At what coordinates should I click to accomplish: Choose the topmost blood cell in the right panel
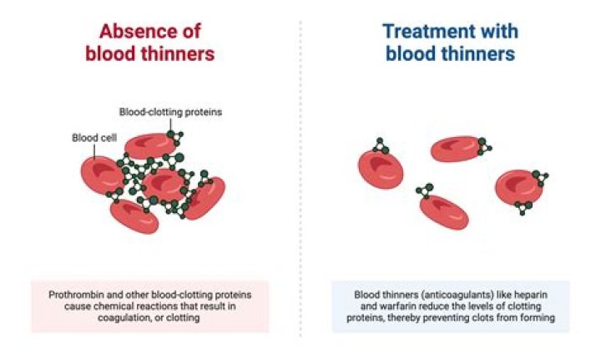pyautogui.click(x=456, y=149)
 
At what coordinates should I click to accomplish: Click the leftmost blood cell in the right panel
pyautogui.click(x=381, y=168)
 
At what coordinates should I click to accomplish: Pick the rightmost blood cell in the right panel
pyautogui.click(x=518, y=187)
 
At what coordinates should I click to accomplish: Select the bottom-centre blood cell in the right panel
pyautogui.click(x=442, y=210)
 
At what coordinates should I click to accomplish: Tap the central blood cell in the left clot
pyautogui.click(x=164, y=183)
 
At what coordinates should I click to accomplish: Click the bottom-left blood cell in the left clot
pyautogui.click(x=134, y=215)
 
